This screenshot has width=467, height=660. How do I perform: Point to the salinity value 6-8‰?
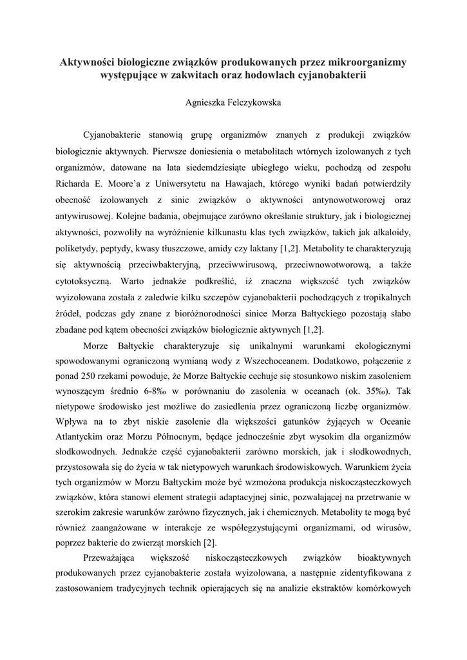tap(157, 391)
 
